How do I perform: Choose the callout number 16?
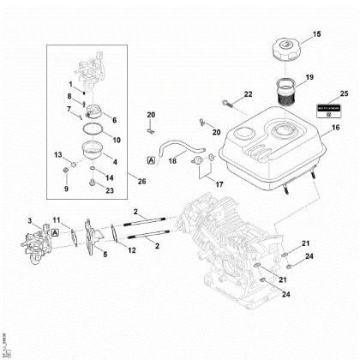(x=335, y=127)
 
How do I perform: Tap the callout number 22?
(x=247, y=93)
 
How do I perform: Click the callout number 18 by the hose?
(x=171, y=160)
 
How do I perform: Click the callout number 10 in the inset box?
(x=117, y=139)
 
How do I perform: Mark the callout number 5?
(x=104, y=254)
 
